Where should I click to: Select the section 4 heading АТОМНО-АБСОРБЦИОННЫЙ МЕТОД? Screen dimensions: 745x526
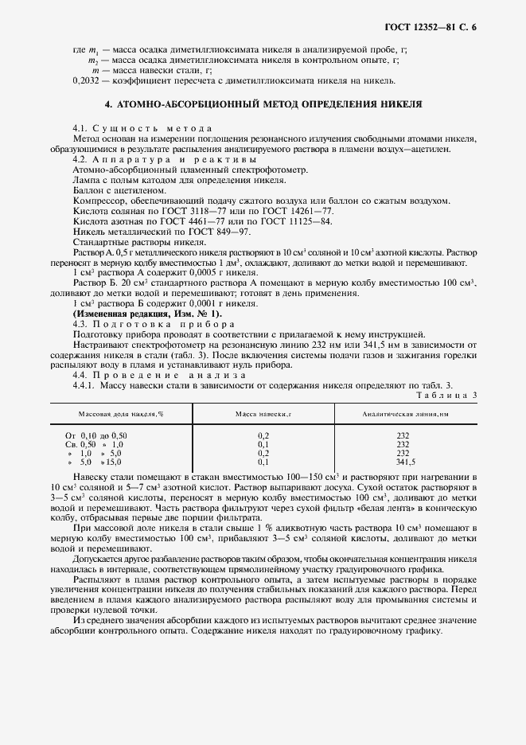pyautogui.click(x=263, y=104)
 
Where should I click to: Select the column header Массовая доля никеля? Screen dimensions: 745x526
pyautogui.click(x=120, y=415)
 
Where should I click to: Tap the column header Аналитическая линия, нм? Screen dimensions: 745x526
pyautogui.click(x=405, y=415)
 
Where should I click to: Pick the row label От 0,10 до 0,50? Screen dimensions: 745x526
pyautogui.click(x=96, y=435)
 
